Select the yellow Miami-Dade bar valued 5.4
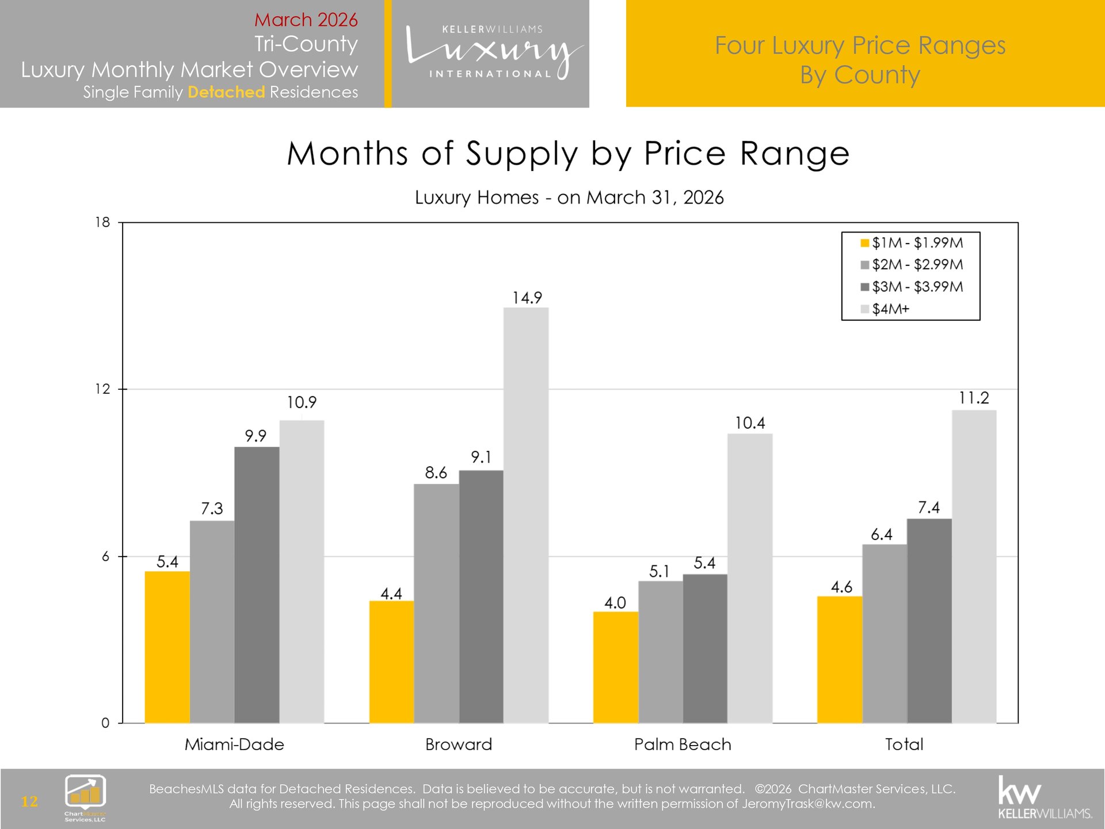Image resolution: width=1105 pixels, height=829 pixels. coord(167,647)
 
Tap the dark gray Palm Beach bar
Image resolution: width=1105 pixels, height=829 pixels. coord(705,649)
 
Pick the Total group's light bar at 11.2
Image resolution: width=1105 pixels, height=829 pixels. coord(974,566)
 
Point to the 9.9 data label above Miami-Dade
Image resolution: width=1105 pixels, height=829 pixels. coord(256,436)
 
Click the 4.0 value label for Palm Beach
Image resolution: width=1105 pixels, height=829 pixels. coord(615,603)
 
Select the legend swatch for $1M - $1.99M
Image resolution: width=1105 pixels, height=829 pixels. coord(864,243)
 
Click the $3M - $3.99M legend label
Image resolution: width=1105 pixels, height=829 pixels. coord(917,287)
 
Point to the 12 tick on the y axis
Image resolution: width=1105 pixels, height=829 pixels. coord(102,389)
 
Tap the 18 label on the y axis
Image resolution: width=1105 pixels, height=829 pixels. coord(102,222)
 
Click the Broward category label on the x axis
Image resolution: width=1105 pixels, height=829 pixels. coord(459,744)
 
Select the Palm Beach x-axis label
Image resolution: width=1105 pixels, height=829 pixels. coord(683,744)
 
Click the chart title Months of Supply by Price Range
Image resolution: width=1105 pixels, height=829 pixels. coord(568,154)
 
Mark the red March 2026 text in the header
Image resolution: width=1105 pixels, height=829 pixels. coord(306,20)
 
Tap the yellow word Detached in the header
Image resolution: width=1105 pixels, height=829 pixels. coord(226,92)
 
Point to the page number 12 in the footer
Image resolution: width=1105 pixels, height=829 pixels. coord(29,801)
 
